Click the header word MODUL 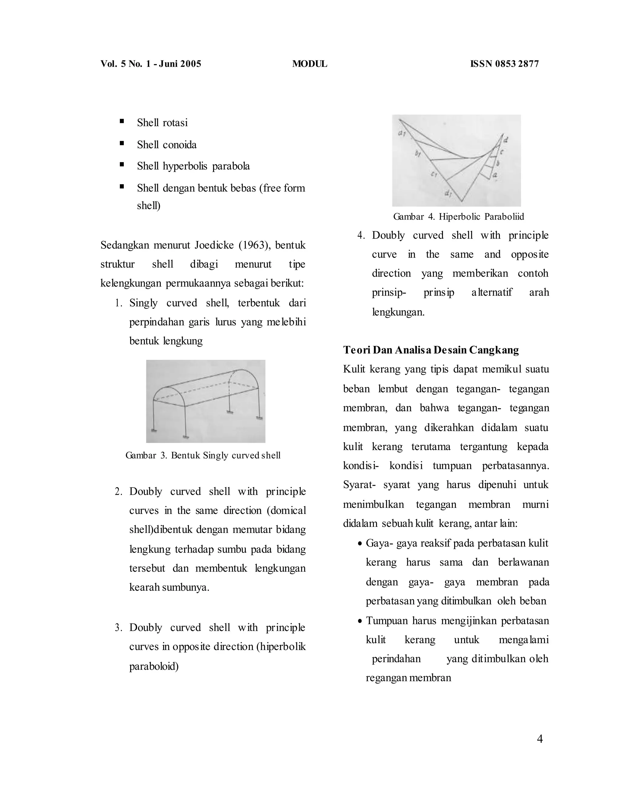(x=309, y=64)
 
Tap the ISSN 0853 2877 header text (x=504, y=64)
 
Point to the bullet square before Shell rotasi (x=122, y=121)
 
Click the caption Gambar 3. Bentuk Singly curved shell (x=203, y=455)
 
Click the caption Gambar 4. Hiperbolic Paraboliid (x=458, y=217)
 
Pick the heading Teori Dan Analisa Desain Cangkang (x=431, y=350)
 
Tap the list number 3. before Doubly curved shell (x=118, y=628)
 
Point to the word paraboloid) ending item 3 (x=154, y=666)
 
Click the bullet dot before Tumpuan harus (x=361, y=621)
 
